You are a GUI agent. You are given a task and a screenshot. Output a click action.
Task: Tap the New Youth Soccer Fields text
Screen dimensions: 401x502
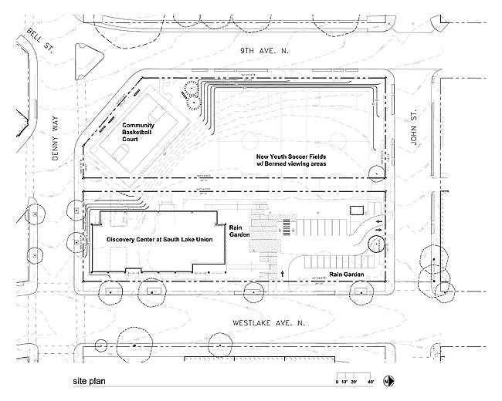pyautogui.click(x=291, y=156)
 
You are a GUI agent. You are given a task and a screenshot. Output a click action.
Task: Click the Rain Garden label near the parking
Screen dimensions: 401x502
pyautogui.click(x=346, y=274)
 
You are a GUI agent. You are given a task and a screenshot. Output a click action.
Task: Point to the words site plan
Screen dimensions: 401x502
pyautogui.click(x=90, y=381)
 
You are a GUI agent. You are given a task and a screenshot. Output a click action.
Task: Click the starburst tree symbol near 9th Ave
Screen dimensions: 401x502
pyautogui.click(x=189, y=96)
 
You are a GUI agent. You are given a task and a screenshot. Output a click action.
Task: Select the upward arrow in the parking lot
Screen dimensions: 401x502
pyautogui.click(x=283, y=272)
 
